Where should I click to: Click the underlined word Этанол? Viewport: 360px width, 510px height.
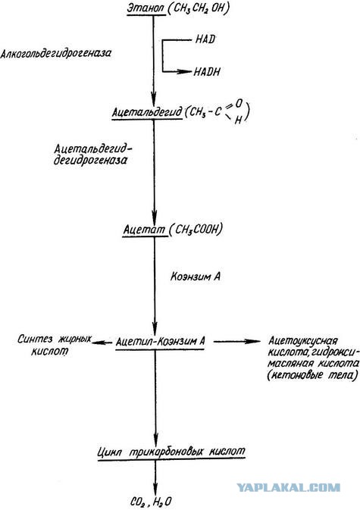click(x=146, y=8)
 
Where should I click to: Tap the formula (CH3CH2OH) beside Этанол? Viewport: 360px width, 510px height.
click(x=199, y=8)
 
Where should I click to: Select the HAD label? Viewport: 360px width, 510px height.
click(x=205, y=39)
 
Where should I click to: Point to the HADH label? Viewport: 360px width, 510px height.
click(x=207, y=71)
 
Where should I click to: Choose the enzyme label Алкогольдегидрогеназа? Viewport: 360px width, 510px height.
click(x=55, y=53)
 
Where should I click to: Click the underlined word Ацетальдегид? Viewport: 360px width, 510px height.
click(x=147, y=112)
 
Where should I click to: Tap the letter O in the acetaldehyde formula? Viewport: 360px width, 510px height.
click(x=239, y=104)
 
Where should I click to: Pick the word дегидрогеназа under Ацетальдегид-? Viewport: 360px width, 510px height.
click(x=90, y=161)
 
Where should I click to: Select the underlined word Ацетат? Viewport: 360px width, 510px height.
click(x=145, y=230)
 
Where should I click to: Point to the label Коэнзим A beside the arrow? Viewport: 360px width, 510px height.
click(x=196, y=277)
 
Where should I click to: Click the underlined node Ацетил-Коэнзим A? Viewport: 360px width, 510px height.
click(x=161, y=342)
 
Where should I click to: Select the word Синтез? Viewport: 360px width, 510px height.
click(x=35, y=339)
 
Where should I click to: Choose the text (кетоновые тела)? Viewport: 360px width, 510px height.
click(x=312, y=375)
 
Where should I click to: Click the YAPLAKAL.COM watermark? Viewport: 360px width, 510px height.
click(x=288, y=487)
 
